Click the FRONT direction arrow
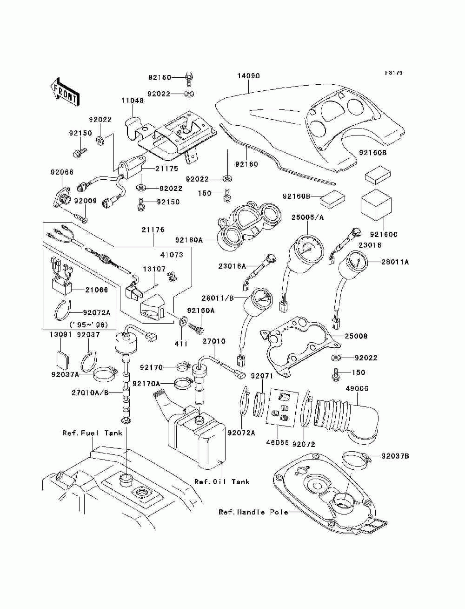tap(65, 92)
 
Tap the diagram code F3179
tap(393, 73)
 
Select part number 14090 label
tap(248, 76)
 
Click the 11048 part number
tap(133, 100)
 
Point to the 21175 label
tap(166, 169)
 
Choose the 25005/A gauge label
tap(307, 217)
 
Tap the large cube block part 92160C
tap(376, 205)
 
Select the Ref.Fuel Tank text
tap(92, 433)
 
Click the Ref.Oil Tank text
tap(222, 482)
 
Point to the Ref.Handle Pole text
tap(253, 512)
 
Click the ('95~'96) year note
tap(89, 325)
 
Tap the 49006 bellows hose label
tap(357, 388)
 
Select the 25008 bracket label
tap(356, 336)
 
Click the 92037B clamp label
tap(395, 456)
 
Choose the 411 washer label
tap(181, 344)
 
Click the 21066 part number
tap(96, 290)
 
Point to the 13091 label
tap(61, 335)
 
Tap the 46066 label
tap(278, 442)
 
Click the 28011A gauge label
tap(395, 262)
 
